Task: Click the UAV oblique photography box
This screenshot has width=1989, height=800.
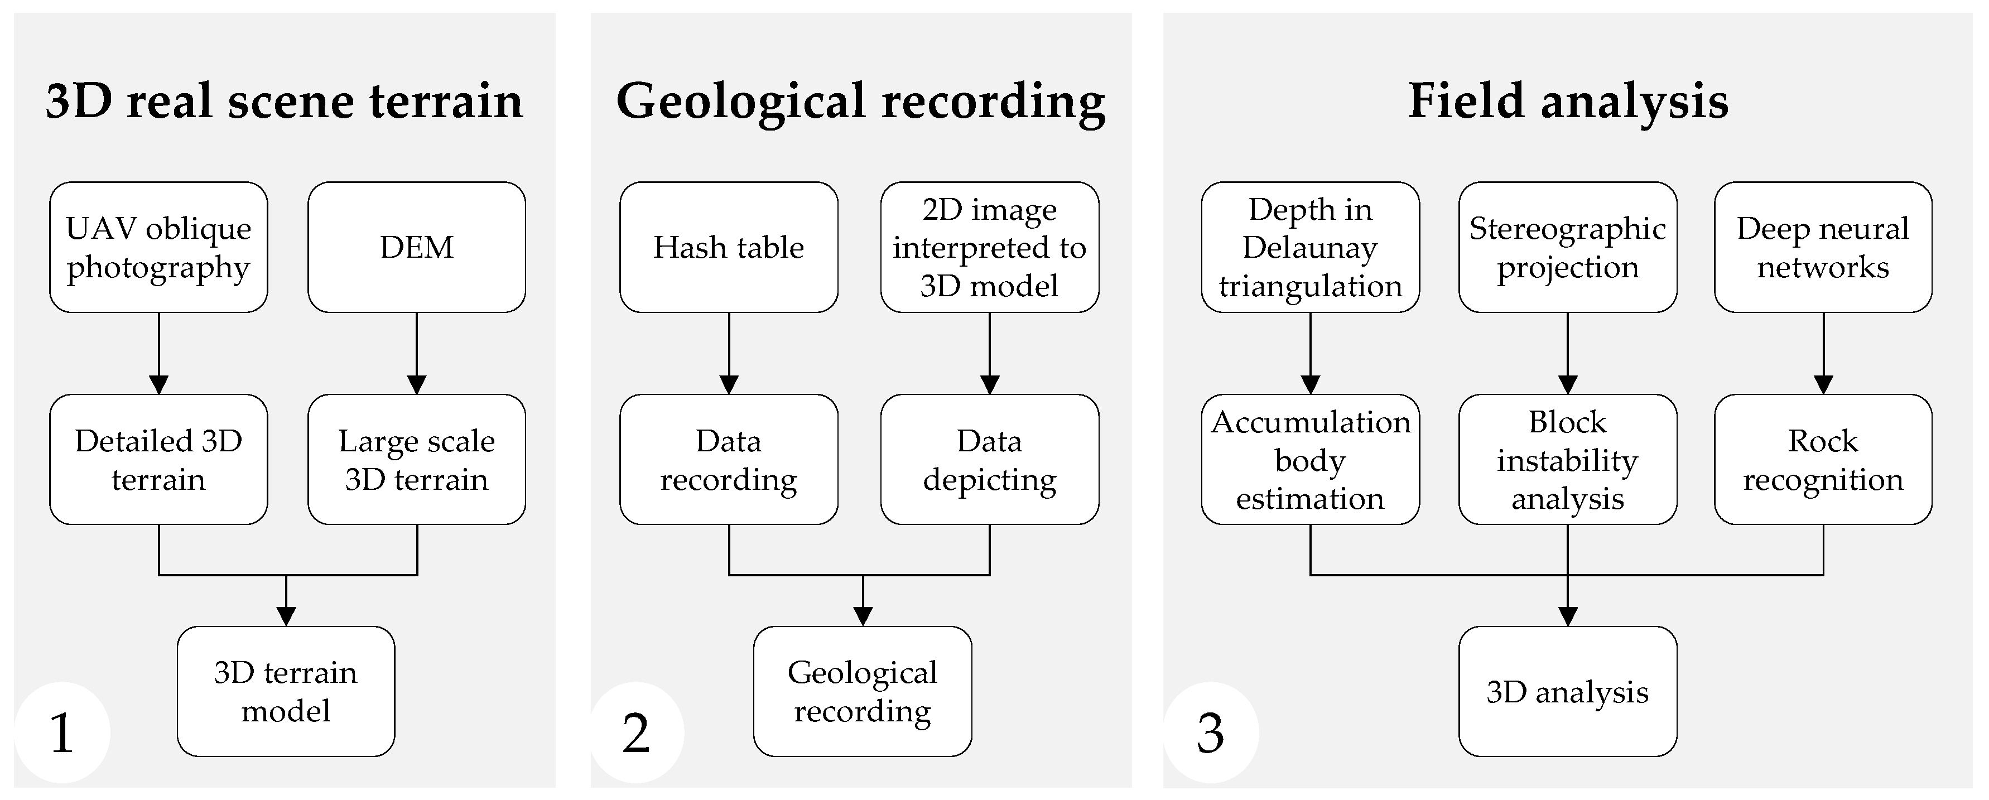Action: (x=158, y=247)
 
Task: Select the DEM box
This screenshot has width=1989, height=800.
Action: (x=416, y=247)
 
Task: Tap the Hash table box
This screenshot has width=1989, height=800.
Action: (x=728, y=247)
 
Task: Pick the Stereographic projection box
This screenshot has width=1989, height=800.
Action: (x=1567, y=247)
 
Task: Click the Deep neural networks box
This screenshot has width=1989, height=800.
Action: (x=1822, y=247)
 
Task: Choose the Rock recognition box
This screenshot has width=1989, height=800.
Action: (x=1822, y=460)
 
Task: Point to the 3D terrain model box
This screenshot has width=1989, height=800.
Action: (x=286, y=691)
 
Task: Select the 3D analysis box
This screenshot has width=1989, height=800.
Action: (x=1567, y=691)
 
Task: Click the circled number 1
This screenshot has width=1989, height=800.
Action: (x=62, y=732)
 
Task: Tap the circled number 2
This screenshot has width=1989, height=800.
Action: (x=636, y=732)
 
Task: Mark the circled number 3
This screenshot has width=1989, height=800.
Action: (x=1210, y=732)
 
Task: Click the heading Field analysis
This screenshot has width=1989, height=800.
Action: (x=1567, y=100)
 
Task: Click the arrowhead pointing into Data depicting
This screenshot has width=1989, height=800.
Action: (x=989, y=384)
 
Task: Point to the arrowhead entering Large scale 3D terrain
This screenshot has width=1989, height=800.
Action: (x=416, y=384)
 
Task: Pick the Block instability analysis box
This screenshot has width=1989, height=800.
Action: (x=1567, y=460)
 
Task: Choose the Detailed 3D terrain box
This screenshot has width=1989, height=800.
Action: (x=158, y=460)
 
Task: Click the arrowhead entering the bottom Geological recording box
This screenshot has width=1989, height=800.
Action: (x=863, y=615)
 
